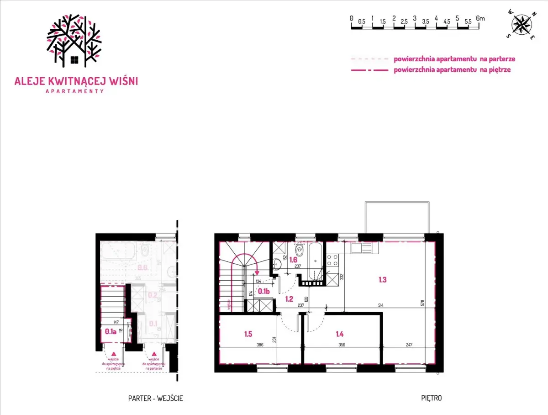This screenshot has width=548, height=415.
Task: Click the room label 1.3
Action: point(383,280)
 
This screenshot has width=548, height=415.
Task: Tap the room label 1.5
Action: point(248,334)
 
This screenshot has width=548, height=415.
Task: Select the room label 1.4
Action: point(339,334)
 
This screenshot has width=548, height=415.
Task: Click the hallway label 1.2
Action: point(289,299)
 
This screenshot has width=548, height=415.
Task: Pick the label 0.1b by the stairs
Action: point(263,291)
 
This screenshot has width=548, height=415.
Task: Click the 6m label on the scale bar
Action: point(480,18)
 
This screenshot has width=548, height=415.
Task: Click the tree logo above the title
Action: point(74,41)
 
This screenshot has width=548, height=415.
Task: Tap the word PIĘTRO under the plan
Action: point(431,398)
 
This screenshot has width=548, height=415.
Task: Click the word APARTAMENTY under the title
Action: point(75,91)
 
